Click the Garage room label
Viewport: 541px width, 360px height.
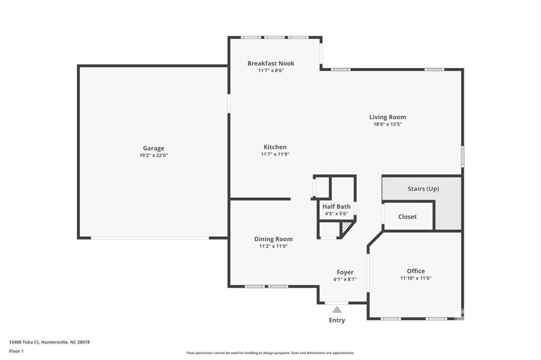pos(153,148)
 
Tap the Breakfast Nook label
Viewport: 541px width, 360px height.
pos(270,63)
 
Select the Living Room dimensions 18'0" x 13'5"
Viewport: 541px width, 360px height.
pos(387,125)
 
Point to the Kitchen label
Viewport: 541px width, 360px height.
pos(275,147)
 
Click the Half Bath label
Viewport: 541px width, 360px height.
pos(336,206)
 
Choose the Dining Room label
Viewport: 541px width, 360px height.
pos(273,239)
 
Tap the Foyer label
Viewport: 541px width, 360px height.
pos(345,272)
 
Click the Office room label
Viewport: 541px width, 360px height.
pos(416,271)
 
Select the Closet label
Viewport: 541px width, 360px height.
pos(407,216)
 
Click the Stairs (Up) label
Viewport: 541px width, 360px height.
pos(423,188)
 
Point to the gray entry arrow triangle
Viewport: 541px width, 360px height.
pos(337,310)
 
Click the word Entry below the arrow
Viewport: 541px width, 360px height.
pos(337,320)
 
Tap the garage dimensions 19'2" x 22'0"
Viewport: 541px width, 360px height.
pos(153,155)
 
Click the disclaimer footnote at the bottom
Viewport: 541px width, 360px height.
pos(270,353)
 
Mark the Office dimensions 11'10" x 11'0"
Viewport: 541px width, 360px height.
pos(416,278)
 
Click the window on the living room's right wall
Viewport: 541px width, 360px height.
pos(462,157)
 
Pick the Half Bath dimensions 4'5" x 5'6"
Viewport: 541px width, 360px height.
pos(336,214)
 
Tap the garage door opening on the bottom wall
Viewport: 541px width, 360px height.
pos(150,238)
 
